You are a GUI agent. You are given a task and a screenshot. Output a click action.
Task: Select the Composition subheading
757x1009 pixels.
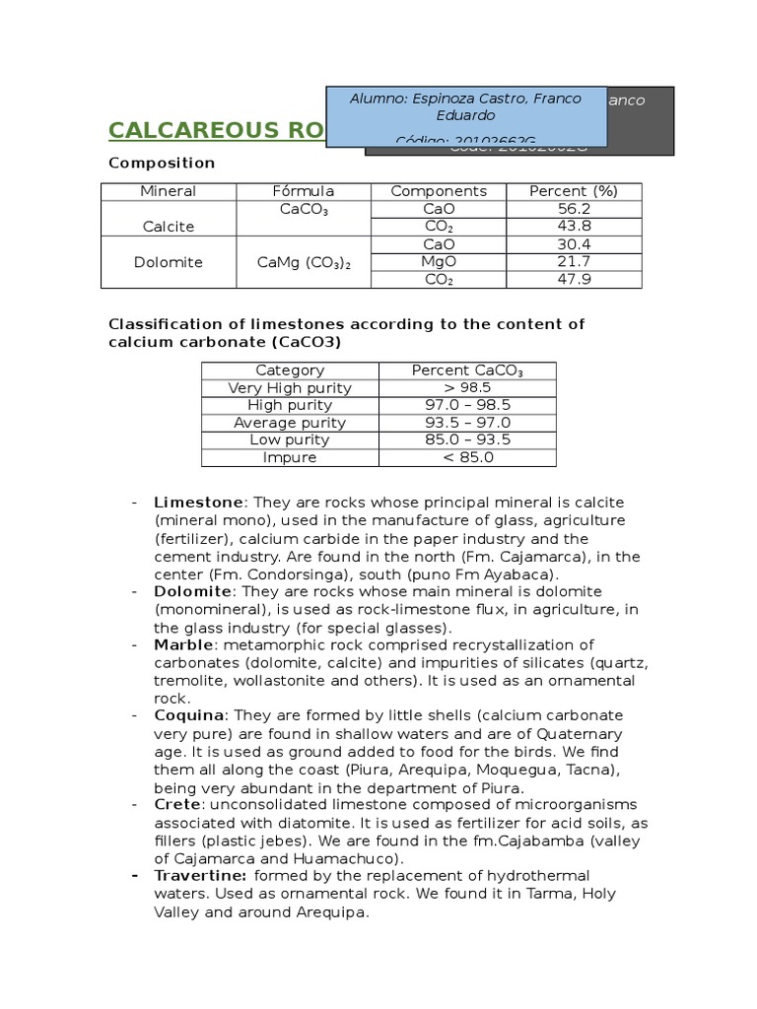click(161, 163)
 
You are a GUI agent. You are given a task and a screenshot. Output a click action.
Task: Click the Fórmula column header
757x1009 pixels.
click(303, 191)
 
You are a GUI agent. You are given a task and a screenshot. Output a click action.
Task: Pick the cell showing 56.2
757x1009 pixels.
click(573, 209)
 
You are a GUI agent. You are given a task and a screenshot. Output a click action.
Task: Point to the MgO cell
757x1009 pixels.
click(438, 262)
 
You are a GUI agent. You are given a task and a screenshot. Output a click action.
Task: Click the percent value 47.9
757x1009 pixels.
click(573, 280)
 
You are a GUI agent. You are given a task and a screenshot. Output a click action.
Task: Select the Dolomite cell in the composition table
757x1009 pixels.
click(168, 262)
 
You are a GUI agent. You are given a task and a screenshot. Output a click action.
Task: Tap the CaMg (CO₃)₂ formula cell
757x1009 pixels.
click(303, 262)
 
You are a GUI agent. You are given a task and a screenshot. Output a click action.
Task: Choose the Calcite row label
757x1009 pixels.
click(168, 226)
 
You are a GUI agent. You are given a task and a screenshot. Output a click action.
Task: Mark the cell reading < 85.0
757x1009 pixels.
click(468, 457)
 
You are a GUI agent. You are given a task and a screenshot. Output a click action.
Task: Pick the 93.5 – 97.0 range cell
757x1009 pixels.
click(468, 423)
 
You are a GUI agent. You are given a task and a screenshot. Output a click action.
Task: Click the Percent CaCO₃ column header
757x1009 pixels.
click(468, 370)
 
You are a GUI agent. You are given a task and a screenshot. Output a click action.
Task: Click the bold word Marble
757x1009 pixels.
click(183, 644)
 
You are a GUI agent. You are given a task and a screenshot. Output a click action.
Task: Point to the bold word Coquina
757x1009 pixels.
click(189, 715)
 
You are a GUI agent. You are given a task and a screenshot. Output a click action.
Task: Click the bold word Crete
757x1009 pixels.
click(177, 805)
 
